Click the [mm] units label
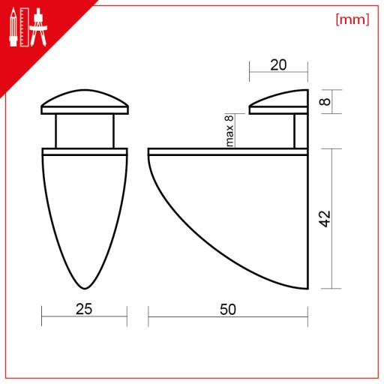[352, 19]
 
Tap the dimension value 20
[278, 65]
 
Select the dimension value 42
[325, 219]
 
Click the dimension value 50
[228, 309]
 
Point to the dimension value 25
[84, 309]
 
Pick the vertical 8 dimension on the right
[325, 101]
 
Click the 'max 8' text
[229, 130]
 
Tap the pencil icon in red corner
[13, 27]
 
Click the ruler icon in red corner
[25, 27]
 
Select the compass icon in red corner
[38, 27]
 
